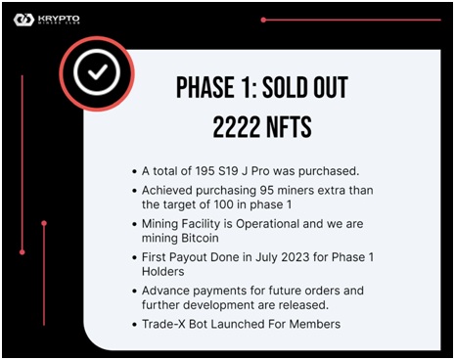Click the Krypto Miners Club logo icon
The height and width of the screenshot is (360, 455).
(x=23, y=20)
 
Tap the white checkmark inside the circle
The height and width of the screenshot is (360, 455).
(x=98, y=72)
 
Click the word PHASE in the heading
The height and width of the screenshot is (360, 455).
(x=205, y=87)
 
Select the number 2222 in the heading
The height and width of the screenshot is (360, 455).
(x=235, y=126)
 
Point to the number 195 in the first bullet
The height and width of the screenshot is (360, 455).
(x=205, y=171)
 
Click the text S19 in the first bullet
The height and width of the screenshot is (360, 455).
(x=228, y=171)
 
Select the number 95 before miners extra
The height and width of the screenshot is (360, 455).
(x=266, y=190)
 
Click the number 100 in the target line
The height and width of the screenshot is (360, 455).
(x=223, y=204)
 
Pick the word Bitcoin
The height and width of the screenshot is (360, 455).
(x=200, y=238)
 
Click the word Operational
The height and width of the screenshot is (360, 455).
(x=267, y=224)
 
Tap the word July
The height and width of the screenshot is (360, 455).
(x=266, y=257)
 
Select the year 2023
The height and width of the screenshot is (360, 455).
(x=296, y=257)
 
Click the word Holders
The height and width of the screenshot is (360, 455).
(x=162, y=271)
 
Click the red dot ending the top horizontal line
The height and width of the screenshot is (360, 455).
(x=263, y=20)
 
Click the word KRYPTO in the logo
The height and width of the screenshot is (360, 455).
(x=59, y=18)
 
